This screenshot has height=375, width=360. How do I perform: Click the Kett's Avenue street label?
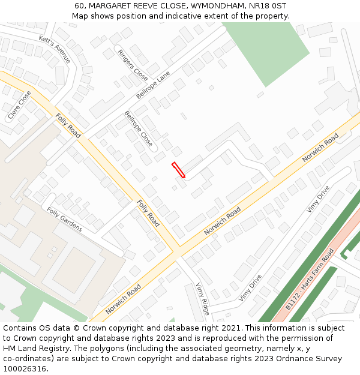(55, 49)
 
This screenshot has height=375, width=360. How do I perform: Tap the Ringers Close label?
(133, 65)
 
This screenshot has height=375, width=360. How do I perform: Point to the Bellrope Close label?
(139, 129)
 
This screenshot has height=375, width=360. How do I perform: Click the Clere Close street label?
(20, 104)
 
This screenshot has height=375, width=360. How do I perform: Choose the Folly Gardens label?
(65, 219)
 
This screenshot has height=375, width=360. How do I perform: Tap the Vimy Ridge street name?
(202, 298)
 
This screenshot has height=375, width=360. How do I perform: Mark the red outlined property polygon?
(178, 170)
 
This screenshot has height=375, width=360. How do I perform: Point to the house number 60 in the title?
(80, 5)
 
